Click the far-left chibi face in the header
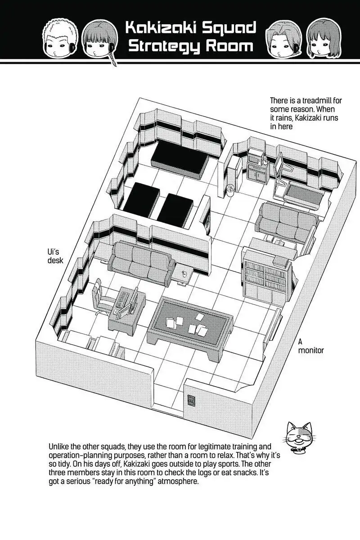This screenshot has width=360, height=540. tap(60, 37)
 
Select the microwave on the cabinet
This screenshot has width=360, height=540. tap(256, 158)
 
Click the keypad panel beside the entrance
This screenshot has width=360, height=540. tap(191, 400)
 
